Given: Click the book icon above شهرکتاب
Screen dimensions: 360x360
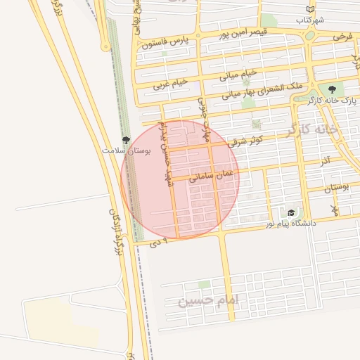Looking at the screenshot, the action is pos(310,9).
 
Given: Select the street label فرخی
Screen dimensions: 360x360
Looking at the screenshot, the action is pos(342,35).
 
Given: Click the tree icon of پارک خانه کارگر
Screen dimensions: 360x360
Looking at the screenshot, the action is pos(332,89).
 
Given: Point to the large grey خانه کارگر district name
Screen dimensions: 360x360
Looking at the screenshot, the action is pos(312,130).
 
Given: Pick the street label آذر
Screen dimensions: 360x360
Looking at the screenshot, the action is pos(325,161).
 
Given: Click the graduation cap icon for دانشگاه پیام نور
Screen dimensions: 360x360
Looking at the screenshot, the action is pos(290,212).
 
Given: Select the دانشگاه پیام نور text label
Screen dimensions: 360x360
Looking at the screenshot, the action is pos(290,223).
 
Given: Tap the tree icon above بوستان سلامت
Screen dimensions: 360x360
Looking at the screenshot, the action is pos(126,141).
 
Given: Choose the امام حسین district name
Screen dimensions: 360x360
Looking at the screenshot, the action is pos(209,301).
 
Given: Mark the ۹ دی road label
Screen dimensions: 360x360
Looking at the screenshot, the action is pos(160,243).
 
